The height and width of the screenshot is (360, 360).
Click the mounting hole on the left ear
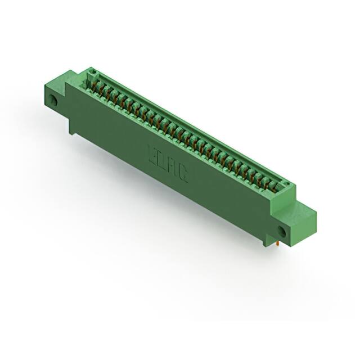(x=55, y=102)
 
